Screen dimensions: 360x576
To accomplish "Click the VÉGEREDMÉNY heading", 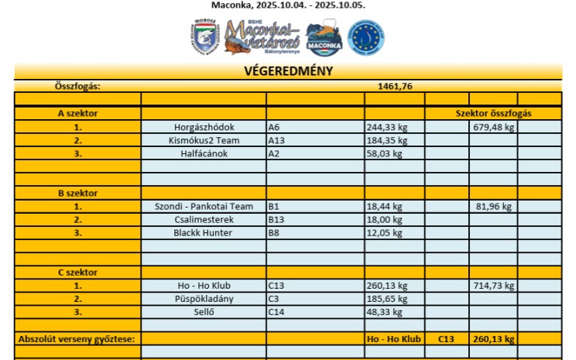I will (x=288, y=71).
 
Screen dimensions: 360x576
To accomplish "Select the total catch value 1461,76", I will (x=394, y=86).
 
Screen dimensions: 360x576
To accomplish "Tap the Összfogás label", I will (x=77, y=86).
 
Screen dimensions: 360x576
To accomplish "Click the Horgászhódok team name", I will (x=204, y=127).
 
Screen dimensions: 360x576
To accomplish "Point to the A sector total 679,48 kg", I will (x=493, y=127).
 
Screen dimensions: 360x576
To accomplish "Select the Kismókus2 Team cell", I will (x=204, y=140).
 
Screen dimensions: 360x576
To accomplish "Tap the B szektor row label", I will (x=77, y=193).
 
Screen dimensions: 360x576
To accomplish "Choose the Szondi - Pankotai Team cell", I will (x=204, y=207).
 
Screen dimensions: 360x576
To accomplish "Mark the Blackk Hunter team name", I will (x=204, y=232).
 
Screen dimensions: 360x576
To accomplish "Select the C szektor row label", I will (x=77, y=273).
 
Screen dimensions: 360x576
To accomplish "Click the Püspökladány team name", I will (x=204, y=298).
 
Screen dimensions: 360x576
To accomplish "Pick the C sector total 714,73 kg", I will (x=493, y=286).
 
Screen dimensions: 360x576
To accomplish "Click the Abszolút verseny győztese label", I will (x=77, y=338).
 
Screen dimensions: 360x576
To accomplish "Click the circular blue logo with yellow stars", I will (x=365, y=37).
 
